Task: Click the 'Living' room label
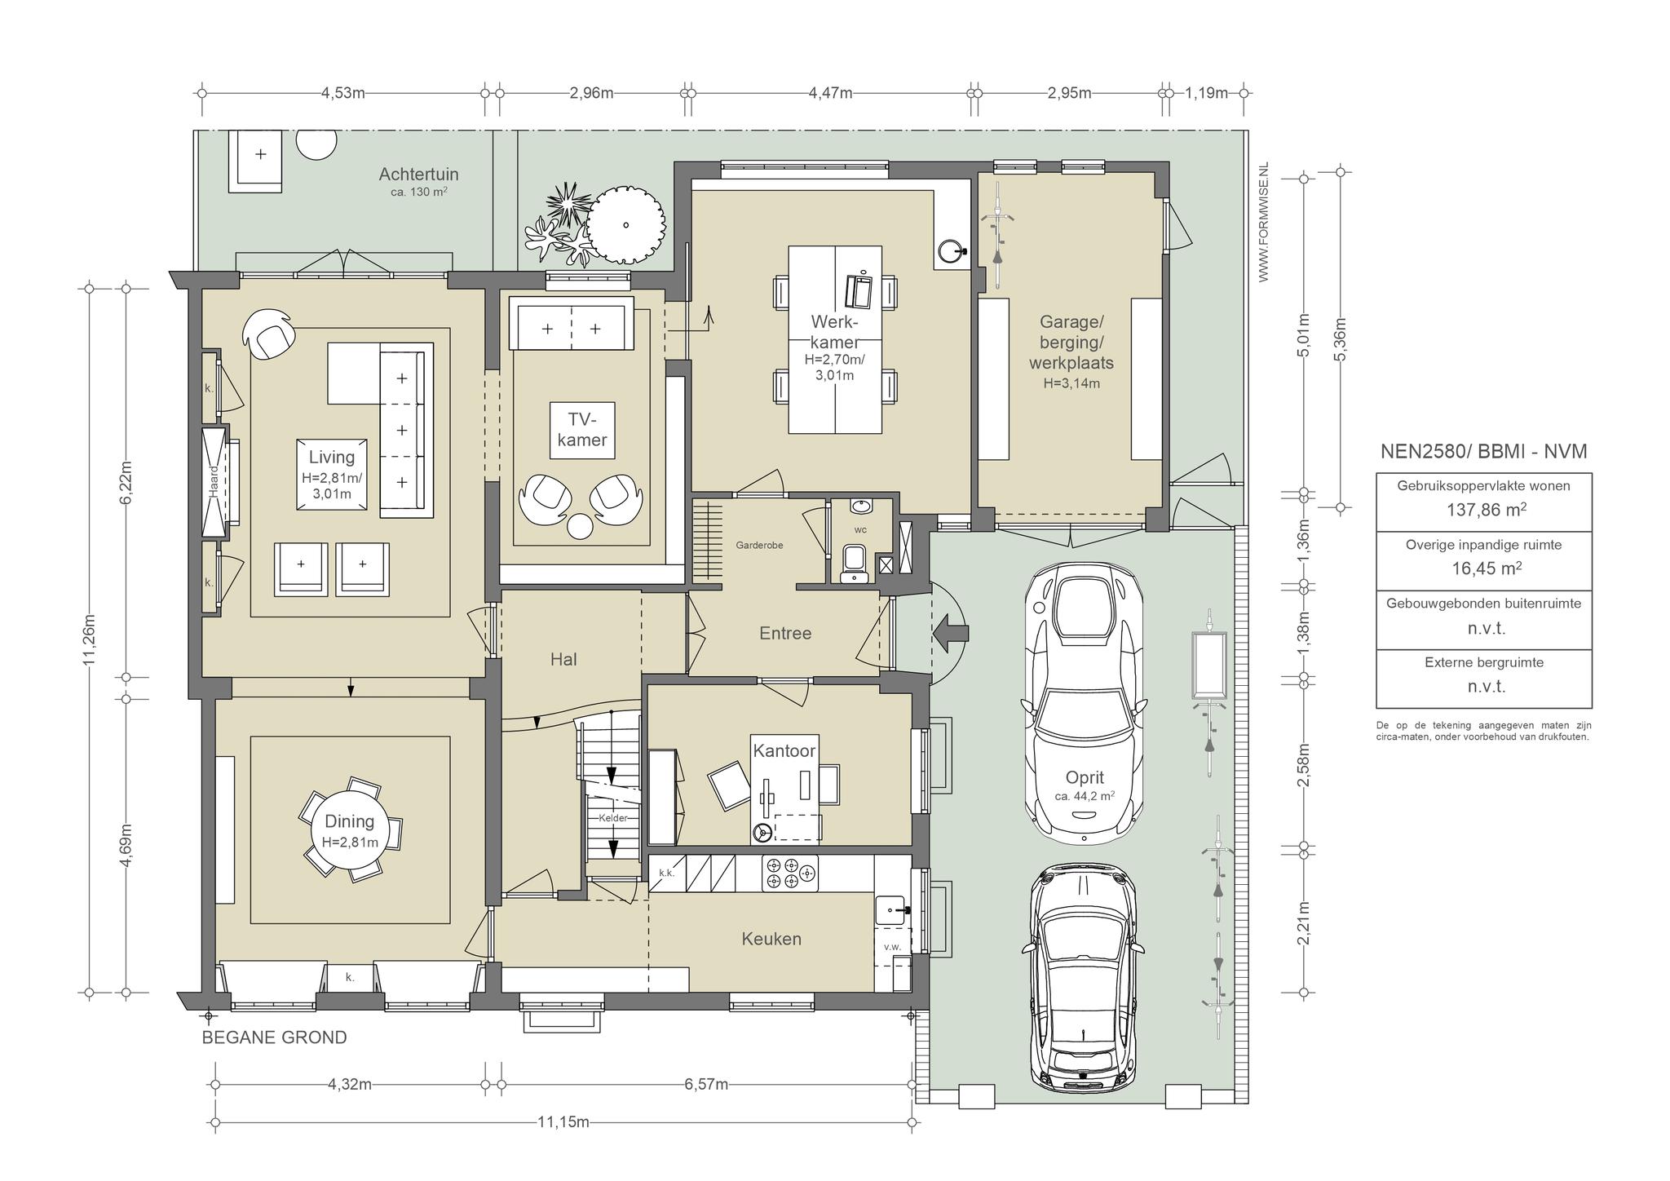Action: tap(331, 458)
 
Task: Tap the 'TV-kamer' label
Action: tap(582, 430)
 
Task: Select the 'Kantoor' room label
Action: tap(784, 751)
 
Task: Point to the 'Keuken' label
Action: tap(771, 939)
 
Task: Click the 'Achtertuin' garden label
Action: tap(418, 174)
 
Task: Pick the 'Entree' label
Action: tap(785, 633)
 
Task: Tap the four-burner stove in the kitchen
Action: tap(789, 874)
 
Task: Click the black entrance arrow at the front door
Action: tap(949, 634)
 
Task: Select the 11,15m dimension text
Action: tap(563, 1121)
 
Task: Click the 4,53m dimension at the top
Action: tap(342, 92)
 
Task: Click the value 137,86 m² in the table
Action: tap(1483, 510)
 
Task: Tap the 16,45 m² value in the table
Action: tap(1483, 568)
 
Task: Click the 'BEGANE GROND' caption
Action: tap(274, 1037)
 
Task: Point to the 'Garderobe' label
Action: tap(759, 545)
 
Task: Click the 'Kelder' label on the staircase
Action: tap(613, 818)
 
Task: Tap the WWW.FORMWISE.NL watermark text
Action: tap(1264, 223)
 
